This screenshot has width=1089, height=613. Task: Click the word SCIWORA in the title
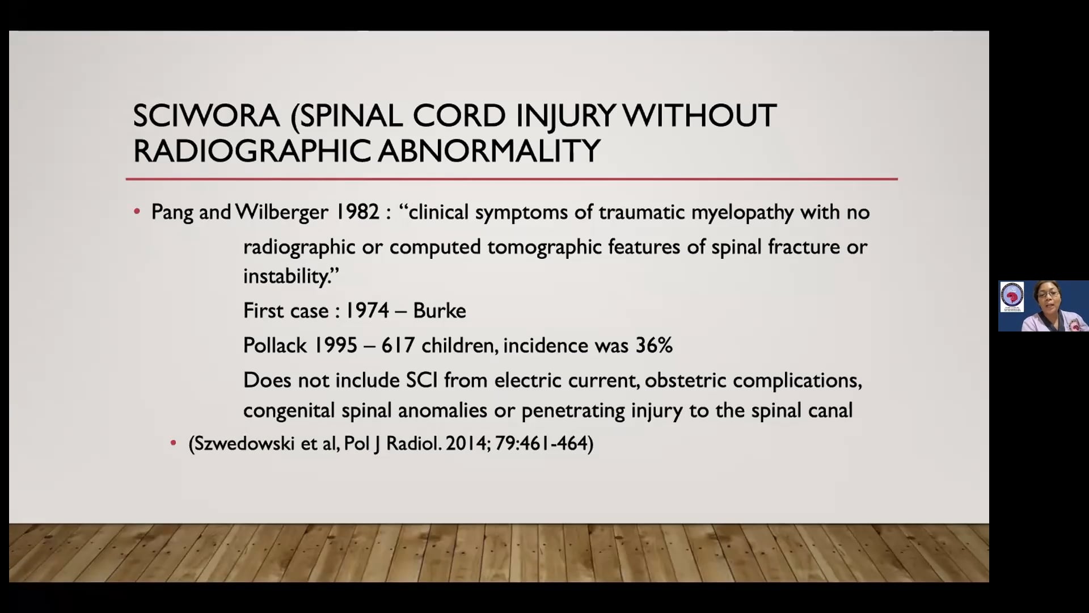206,116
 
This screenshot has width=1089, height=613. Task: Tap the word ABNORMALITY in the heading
489,151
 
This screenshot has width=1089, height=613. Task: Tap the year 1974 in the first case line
367,311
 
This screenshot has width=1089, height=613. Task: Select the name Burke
440,311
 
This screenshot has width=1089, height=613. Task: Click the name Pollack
275,346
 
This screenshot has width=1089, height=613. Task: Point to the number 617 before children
398,346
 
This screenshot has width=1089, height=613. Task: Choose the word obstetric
685,380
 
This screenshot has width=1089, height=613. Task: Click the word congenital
289,411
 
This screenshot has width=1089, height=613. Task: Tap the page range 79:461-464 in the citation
544,443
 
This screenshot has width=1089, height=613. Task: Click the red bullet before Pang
137,212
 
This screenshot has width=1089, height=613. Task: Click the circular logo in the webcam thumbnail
1011,296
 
